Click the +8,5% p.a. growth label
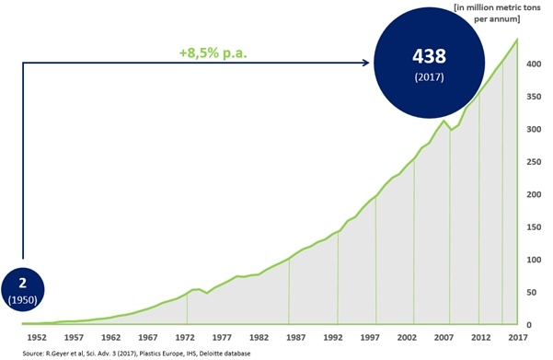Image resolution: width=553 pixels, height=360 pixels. click(217, 52)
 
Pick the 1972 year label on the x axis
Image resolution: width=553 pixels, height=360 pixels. click(187, 337)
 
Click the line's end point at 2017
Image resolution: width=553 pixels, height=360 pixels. click(515, 40)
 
